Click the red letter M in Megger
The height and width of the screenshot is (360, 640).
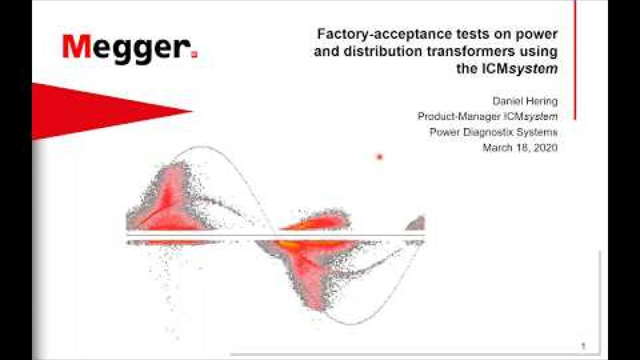pos(77,47)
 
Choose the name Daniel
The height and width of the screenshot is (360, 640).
pos(508,101)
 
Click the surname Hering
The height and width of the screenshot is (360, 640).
pos(543,101)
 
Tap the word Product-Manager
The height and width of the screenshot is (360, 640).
pos(459,116)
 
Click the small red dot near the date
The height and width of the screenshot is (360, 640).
pos(379,157)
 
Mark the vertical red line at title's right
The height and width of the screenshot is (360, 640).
pos(575,59)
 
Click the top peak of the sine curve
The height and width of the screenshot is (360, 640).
pos(201,147)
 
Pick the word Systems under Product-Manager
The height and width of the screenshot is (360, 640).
pos(540,132)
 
